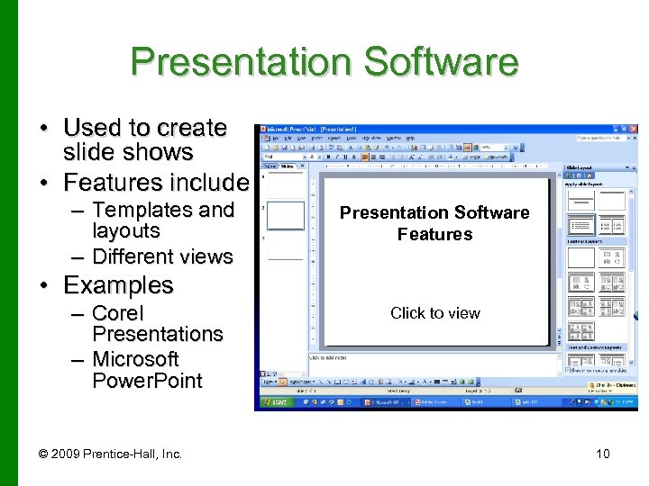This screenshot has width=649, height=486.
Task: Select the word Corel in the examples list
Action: [x=118, y=313]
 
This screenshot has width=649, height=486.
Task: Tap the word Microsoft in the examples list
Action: [x=135, y=359]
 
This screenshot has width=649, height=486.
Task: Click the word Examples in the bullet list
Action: [x=118, y=285]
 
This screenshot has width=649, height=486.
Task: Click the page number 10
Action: [x=602, y=454]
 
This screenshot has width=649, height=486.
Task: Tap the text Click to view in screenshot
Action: [x=434, y=313]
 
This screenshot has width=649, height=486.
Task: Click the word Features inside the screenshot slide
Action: [x=434, y=235]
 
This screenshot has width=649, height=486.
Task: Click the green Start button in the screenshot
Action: [x=275, y=402]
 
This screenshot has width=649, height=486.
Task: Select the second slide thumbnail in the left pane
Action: [x=286, y=216]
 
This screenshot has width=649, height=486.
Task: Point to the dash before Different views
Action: [x=77, y=257]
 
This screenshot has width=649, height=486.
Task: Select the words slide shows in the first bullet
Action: [x=128, y=152]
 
